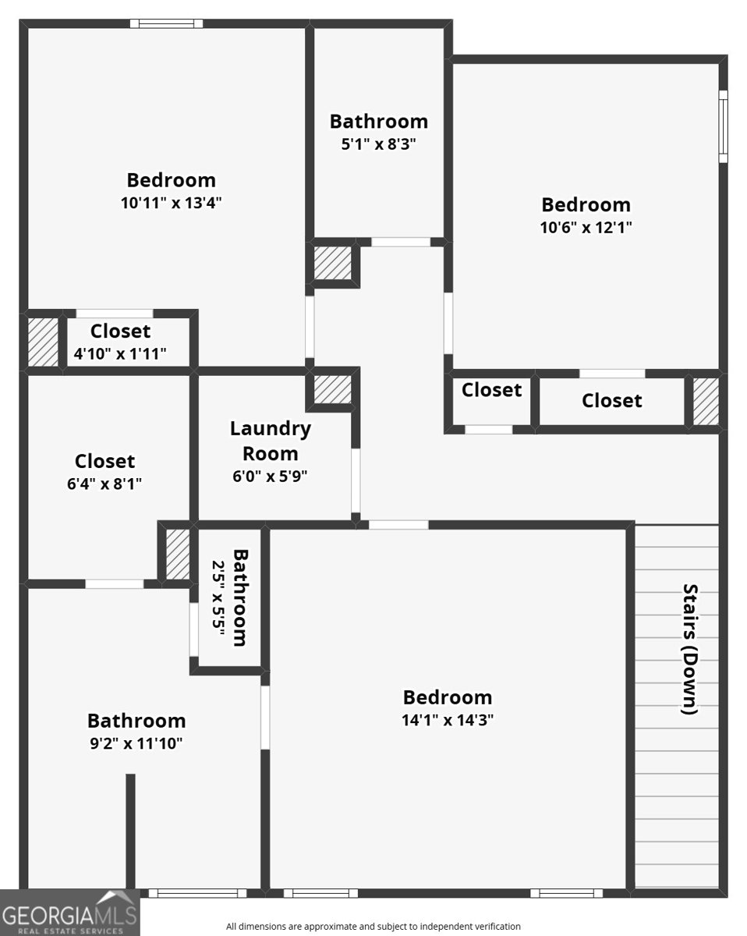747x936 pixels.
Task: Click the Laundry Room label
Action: (270, 440)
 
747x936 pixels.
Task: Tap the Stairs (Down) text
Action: (689, 649)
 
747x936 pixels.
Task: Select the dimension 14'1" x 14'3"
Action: (447, 720)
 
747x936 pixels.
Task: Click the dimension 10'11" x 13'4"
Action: (171, 203)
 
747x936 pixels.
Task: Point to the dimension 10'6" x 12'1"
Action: (586, 228)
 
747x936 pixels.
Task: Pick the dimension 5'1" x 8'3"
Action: (378, 144)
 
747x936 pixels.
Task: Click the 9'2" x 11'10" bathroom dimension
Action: (136, 743)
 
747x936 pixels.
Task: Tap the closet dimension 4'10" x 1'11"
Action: (120, 353)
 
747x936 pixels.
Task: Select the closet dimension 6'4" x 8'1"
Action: (104, 484)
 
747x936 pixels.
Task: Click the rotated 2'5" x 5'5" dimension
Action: (218, 598)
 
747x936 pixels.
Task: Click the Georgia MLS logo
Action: (69, 913)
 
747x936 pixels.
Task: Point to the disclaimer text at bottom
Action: (373, 927)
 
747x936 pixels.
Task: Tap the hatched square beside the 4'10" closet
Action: (44, 341)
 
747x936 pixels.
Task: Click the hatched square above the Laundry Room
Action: (333, 388)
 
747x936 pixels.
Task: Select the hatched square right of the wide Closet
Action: (705, 401)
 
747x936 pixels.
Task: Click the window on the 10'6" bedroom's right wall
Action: (723, 126)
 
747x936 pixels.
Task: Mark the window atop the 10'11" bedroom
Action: (166, 23)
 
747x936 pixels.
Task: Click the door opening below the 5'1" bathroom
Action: (401, 242)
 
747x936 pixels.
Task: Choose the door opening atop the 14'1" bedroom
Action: (398, 524)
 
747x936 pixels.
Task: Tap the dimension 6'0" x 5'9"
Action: (270, 477)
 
